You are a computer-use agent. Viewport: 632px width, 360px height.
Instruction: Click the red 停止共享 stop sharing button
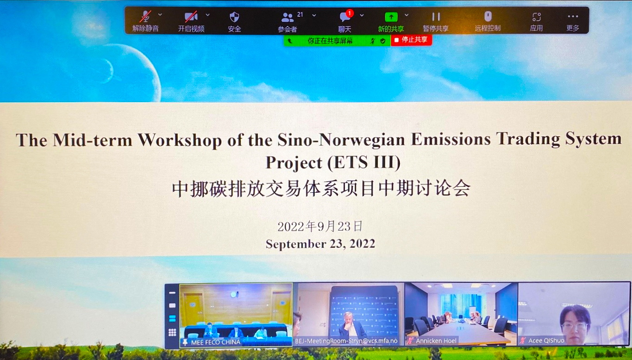point(411,40)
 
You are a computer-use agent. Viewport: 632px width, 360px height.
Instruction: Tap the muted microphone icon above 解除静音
point(145,17)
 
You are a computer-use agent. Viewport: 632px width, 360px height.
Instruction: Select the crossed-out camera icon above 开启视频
point(191,17)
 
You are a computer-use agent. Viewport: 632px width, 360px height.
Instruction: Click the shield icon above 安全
point(234,17)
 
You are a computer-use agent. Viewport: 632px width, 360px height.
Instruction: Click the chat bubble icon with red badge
point(346,16)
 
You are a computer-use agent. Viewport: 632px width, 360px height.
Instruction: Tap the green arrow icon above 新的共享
point(391,17)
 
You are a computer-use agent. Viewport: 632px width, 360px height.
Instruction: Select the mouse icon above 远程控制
point(488,16)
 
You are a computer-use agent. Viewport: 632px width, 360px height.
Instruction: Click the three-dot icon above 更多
point(573,16)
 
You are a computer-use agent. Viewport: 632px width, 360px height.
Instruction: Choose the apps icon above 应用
point(536,17)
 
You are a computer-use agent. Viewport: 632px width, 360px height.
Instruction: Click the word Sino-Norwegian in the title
point(341,140)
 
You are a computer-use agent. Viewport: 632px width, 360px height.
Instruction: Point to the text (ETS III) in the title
point(364,163)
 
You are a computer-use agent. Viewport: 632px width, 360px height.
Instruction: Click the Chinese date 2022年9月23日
point(320,226)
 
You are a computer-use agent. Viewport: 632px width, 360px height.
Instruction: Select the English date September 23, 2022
point(320,244)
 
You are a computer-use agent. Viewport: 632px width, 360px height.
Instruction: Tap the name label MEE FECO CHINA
point(215,342)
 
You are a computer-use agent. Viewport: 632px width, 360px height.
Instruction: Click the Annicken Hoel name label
point(436,341)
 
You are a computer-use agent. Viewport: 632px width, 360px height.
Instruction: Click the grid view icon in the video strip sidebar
point(172,333)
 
